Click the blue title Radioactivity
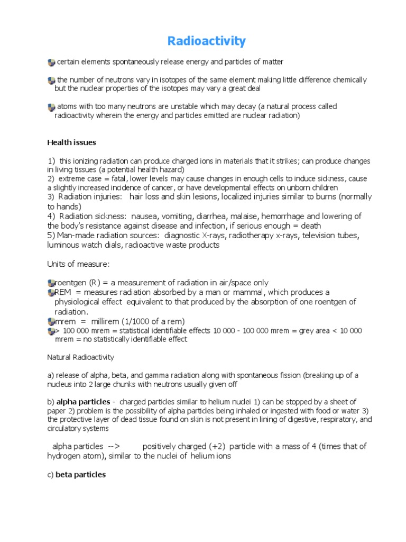(207, 41)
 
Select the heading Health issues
(71, 142)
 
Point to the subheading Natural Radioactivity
(80, 357)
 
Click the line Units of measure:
(78, 264)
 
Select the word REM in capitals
(63, 292)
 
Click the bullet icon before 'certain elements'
(51, 62)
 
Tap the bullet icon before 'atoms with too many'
(51, 107)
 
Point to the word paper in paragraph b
(57, 411)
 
